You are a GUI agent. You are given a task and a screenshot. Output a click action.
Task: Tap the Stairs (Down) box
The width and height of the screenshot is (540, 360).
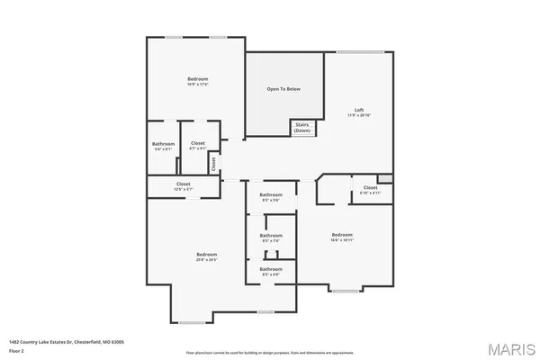(302, 128)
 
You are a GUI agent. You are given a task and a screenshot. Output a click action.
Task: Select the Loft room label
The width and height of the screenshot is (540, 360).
(359, 112)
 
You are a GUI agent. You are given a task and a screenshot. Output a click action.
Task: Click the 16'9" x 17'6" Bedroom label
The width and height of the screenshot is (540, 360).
(197, 82)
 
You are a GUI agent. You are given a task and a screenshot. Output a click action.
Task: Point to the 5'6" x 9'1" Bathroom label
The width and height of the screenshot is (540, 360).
(163, 146)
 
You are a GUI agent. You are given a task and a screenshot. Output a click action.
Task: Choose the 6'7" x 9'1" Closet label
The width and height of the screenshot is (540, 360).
(198, 146)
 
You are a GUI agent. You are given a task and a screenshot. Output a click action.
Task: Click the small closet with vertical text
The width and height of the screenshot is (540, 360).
(214, 164)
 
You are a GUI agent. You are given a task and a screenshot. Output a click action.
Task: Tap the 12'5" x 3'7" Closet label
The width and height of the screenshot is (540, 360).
(183, 186)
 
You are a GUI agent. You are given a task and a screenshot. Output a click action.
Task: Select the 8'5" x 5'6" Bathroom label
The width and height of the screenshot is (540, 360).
(271, 197)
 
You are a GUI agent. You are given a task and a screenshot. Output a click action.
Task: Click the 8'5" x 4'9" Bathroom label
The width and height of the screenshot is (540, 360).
(271, 270)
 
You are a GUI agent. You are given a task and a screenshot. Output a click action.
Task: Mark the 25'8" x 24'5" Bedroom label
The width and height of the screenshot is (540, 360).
(207, 257)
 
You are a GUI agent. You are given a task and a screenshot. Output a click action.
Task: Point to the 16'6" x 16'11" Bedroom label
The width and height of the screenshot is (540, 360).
(341, 237)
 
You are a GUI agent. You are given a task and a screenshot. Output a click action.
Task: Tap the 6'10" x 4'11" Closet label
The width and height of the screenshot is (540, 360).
(370, 190)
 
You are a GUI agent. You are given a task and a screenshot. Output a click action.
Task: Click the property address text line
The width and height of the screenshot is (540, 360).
(66, 341)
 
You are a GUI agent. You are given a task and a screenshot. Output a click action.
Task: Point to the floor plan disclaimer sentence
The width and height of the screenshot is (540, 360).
(269, 352)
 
